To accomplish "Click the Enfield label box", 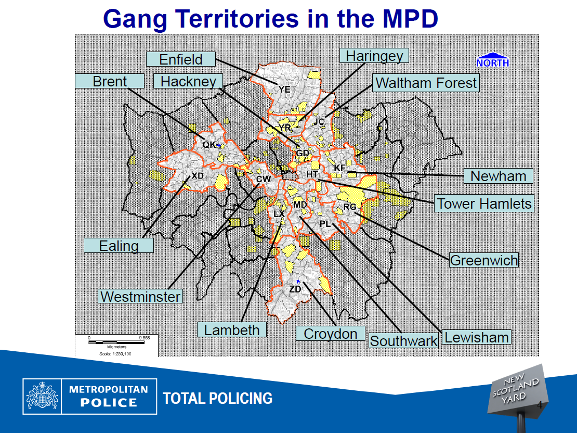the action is tap(180, 59).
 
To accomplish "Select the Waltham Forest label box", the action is tap(426, 83).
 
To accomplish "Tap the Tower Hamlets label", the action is tap(484, 203).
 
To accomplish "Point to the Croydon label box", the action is tap(330, 334).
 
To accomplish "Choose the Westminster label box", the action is tap(140, 297).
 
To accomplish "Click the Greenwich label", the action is tap(484, 260).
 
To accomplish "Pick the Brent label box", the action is tap(110, 81).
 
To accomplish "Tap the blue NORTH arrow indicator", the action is tap(492, 60).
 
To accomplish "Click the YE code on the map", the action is tap(284, 90).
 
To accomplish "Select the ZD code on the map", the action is tap(295, 289).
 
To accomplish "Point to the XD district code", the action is tap(198, 176).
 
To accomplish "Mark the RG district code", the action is tap(350, 207).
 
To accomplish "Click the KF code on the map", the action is tap(340, 168).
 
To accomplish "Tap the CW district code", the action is tap(264, 179).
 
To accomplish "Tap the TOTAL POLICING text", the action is tap(217, 399).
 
